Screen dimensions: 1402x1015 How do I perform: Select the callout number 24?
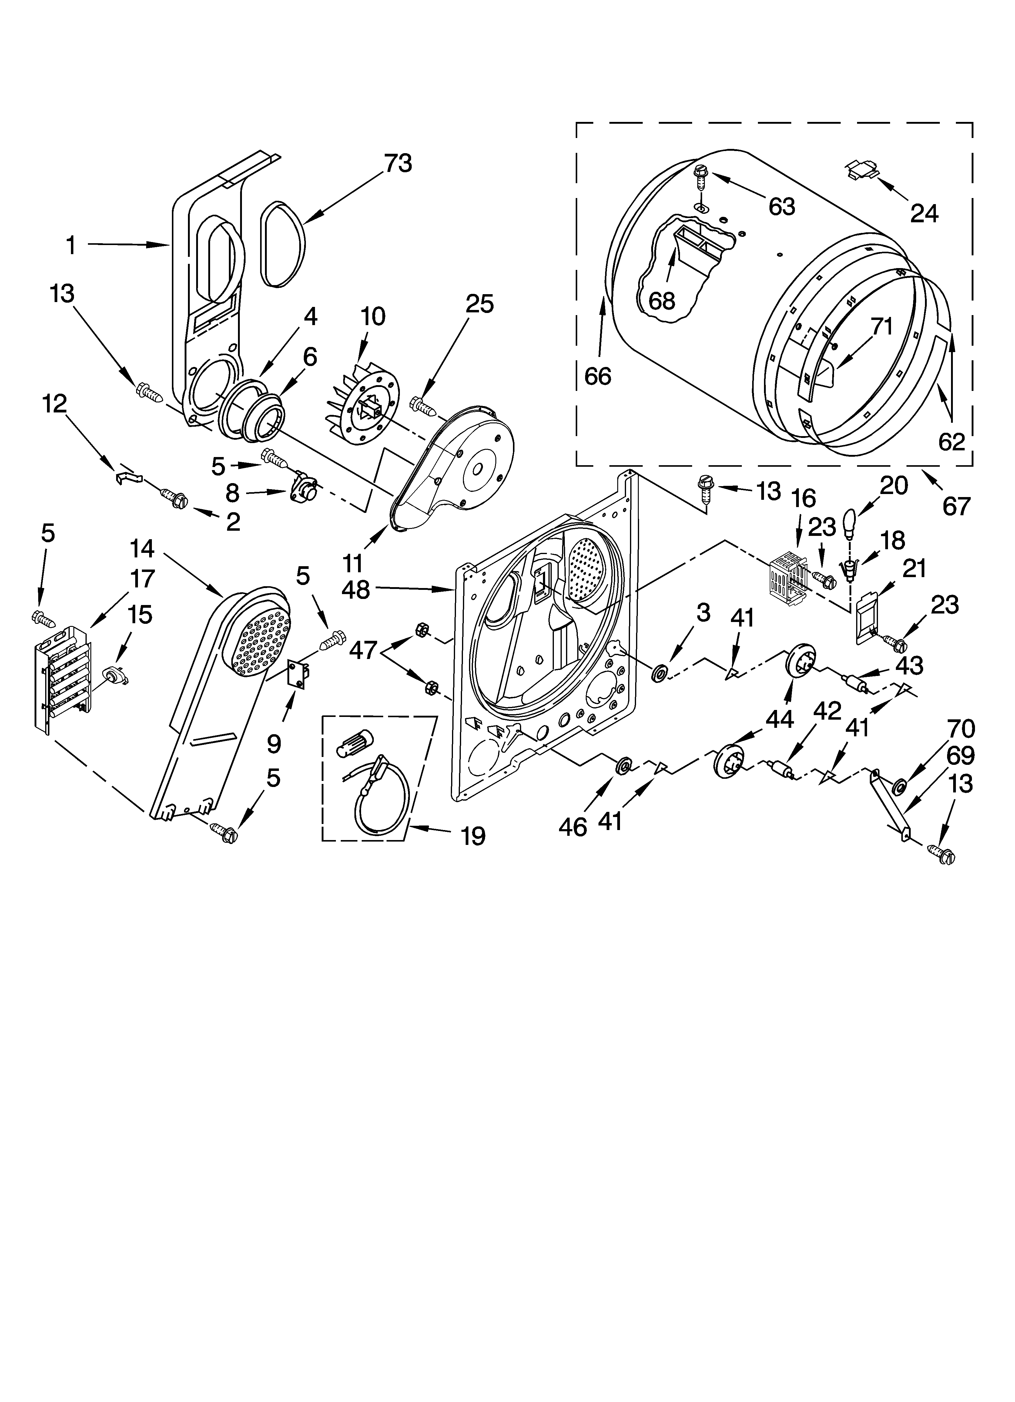click(924, 213)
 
